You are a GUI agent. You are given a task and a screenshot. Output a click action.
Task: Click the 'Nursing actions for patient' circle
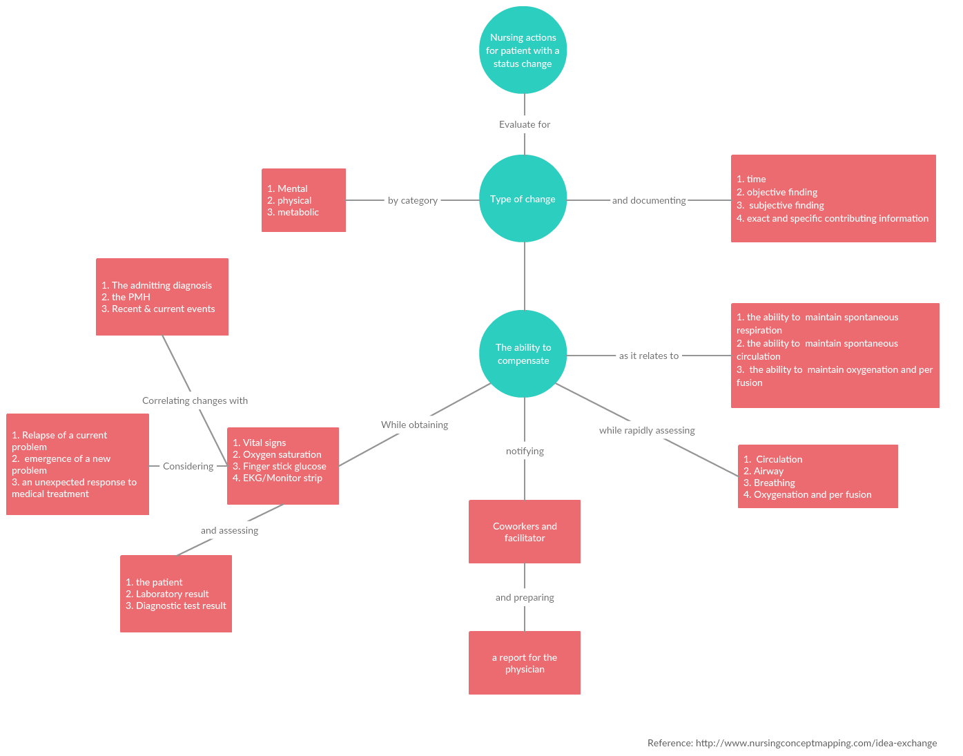pyautogui.click(x=523, y=50)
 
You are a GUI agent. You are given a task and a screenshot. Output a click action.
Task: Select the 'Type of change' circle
pyautogui.click(x=523, y=199)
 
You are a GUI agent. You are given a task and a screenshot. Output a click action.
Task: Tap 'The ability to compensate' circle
pyautogui.click(x=523, y=353)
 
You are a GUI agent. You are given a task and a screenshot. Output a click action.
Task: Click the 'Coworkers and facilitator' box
pyautogui.click(x=525, y=532)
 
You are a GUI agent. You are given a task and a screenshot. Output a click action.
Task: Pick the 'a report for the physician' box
pyautogui.click(x=525, y=663)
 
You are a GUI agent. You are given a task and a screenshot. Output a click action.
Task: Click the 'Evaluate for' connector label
pyautogui.click(x=525, y=124)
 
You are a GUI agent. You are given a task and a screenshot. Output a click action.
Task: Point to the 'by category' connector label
pyautogui.click(x=413, y=200)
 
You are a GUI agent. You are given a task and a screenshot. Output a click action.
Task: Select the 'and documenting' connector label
pyautogui.click(x=649, y=200)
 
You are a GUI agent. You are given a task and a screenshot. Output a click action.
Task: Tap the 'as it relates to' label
pyautogui.click(x=649, y=356)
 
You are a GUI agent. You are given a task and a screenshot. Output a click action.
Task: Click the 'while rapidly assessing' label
pyautogui.click(x=647, y=430)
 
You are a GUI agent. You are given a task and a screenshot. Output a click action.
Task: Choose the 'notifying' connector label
pyautogui.click(x=525, y=451)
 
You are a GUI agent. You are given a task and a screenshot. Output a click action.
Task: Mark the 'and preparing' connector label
pyautogui.click(x=525, y=597)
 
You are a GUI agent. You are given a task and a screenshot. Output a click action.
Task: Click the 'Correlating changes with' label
pyautogui.click(x=195, y=400)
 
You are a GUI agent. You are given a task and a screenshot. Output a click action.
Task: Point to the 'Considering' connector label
pyautogui.click(x=188, y=466)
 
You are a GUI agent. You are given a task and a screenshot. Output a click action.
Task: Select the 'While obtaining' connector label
pyautogui.click(x=414, y=425)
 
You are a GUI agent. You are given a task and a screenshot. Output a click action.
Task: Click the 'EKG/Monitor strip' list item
pyautogui.click(x=282, y=478)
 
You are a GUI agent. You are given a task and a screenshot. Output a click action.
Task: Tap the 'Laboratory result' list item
pyautogui.click(x=172, y=594)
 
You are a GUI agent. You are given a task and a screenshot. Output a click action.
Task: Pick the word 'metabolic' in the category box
pyautogui.click(x=298, y=212)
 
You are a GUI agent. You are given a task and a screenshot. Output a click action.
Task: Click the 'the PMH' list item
pyautogui.click(x=130, y=297)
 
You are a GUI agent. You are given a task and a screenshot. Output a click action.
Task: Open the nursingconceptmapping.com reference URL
pyautogui.click(x=816, y=743)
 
